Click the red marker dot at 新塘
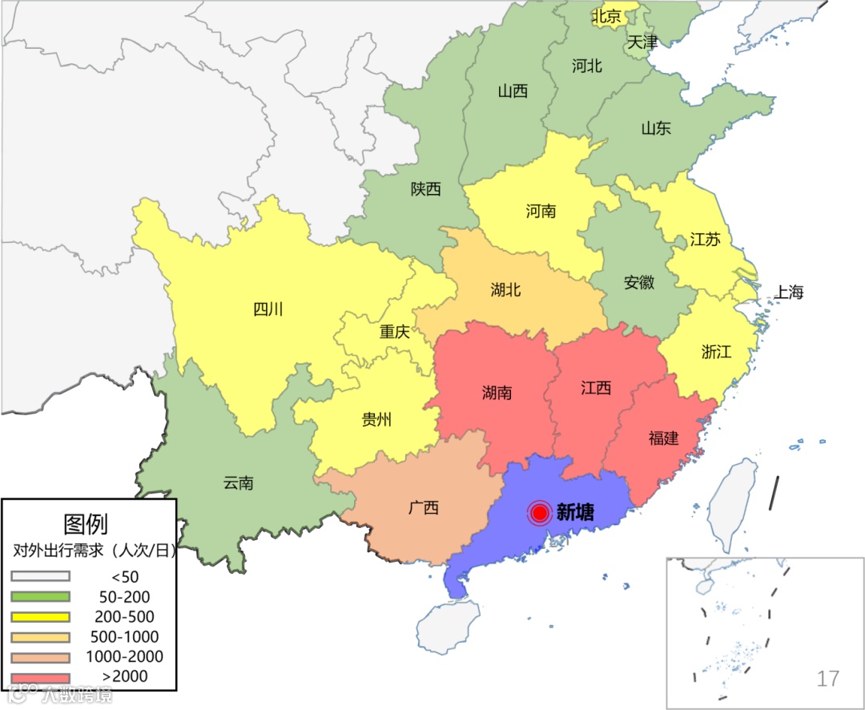(540, 513)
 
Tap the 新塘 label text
(575, 513)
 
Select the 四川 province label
(268, 309)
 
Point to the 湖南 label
(497, 393)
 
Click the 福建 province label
(663, 438)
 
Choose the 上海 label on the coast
(787, 292)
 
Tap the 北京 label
(606, 16)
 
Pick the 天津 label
(642, 42)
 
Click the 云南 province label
(238, 482)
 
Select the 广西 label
(424, 507)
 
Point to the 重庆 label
(394, 331)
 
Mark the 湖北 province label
(505, 289)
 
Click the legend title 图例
(86, 524)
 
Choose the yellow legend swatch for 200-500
(40, 617)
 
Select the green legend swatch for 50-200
(40, 597)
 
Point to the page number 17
(827, 679)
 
